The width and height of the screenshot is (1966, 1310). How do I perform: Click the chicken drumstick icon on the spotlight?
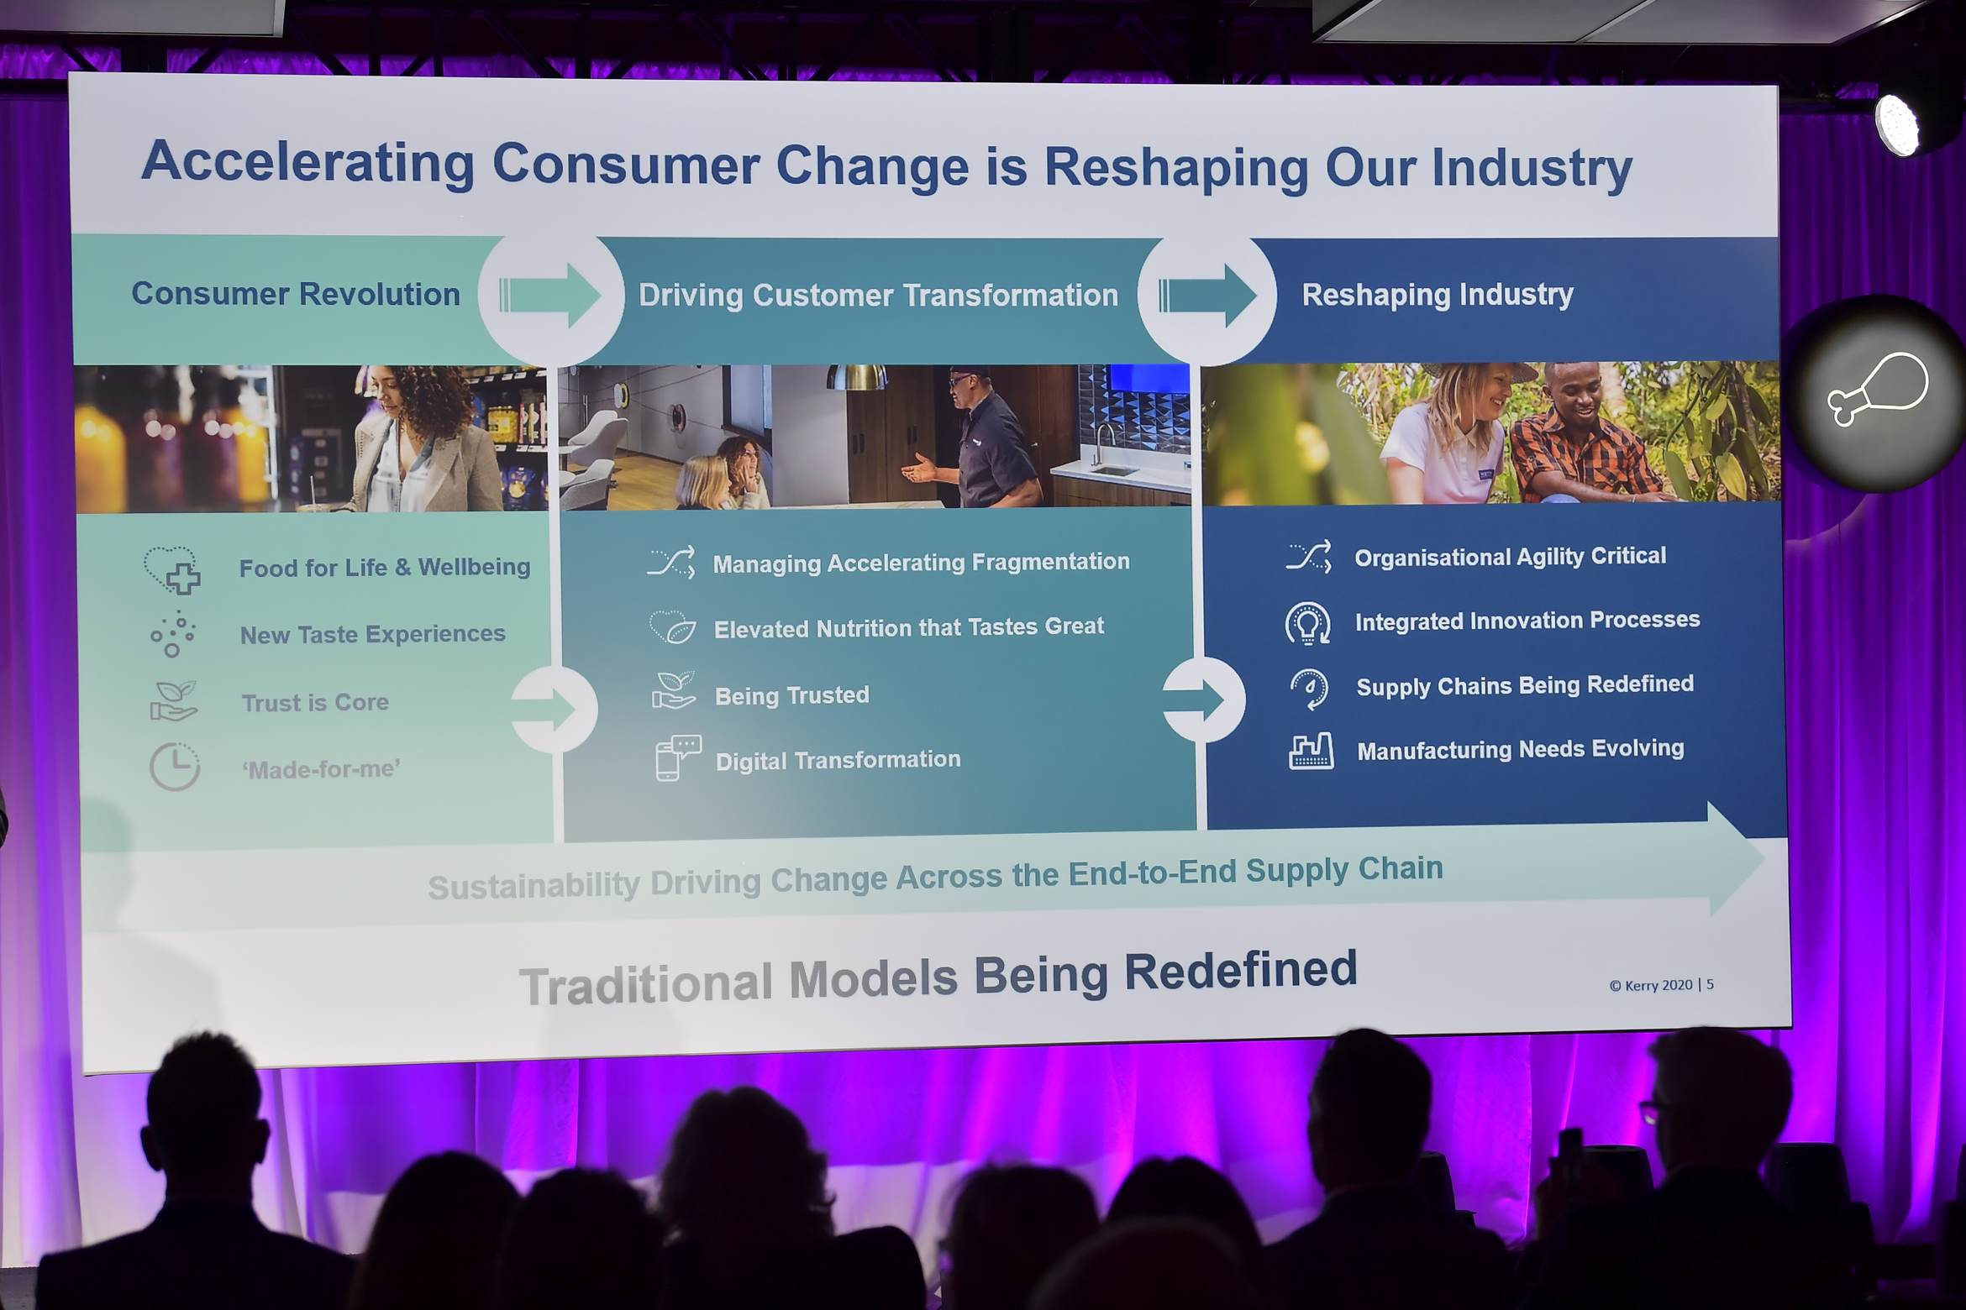1879,389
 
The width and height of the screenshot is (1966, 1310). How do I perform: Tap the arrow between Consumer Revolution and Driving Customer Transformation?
549,296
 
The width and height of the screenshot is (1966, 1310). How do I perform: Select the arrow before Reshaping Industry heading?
1207,296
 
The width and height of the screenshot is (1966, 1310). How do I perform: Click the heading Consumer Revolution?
296,294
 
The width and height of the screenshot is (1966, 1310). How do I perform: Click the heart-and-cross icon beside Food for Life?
172,570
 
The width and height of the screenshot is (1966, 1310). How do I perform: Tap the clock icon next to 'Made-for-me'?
175,767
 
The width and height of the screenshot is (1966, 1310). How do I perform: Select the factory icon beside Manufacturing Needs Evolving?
1311,751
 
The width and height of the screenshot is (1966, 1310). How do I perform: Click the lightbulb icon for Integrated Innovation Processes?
1307,624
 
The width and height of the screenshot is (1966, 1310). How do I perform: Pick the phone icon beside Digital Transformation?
677,758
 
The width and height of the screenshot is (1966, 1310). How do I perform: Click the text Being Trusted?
791,695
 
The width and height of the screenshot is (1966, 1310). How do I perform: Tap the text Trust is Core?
315,702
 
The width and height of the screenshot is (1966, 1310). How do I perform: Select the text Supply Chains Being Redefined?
1525,685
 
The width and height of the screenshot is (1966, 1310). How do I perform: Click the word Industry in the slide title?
1532,168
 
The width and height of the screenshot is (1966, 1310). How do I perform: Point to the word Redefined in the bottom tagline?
1240,972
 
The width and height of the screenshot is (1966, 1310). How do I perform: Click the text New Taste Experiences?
373,634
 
